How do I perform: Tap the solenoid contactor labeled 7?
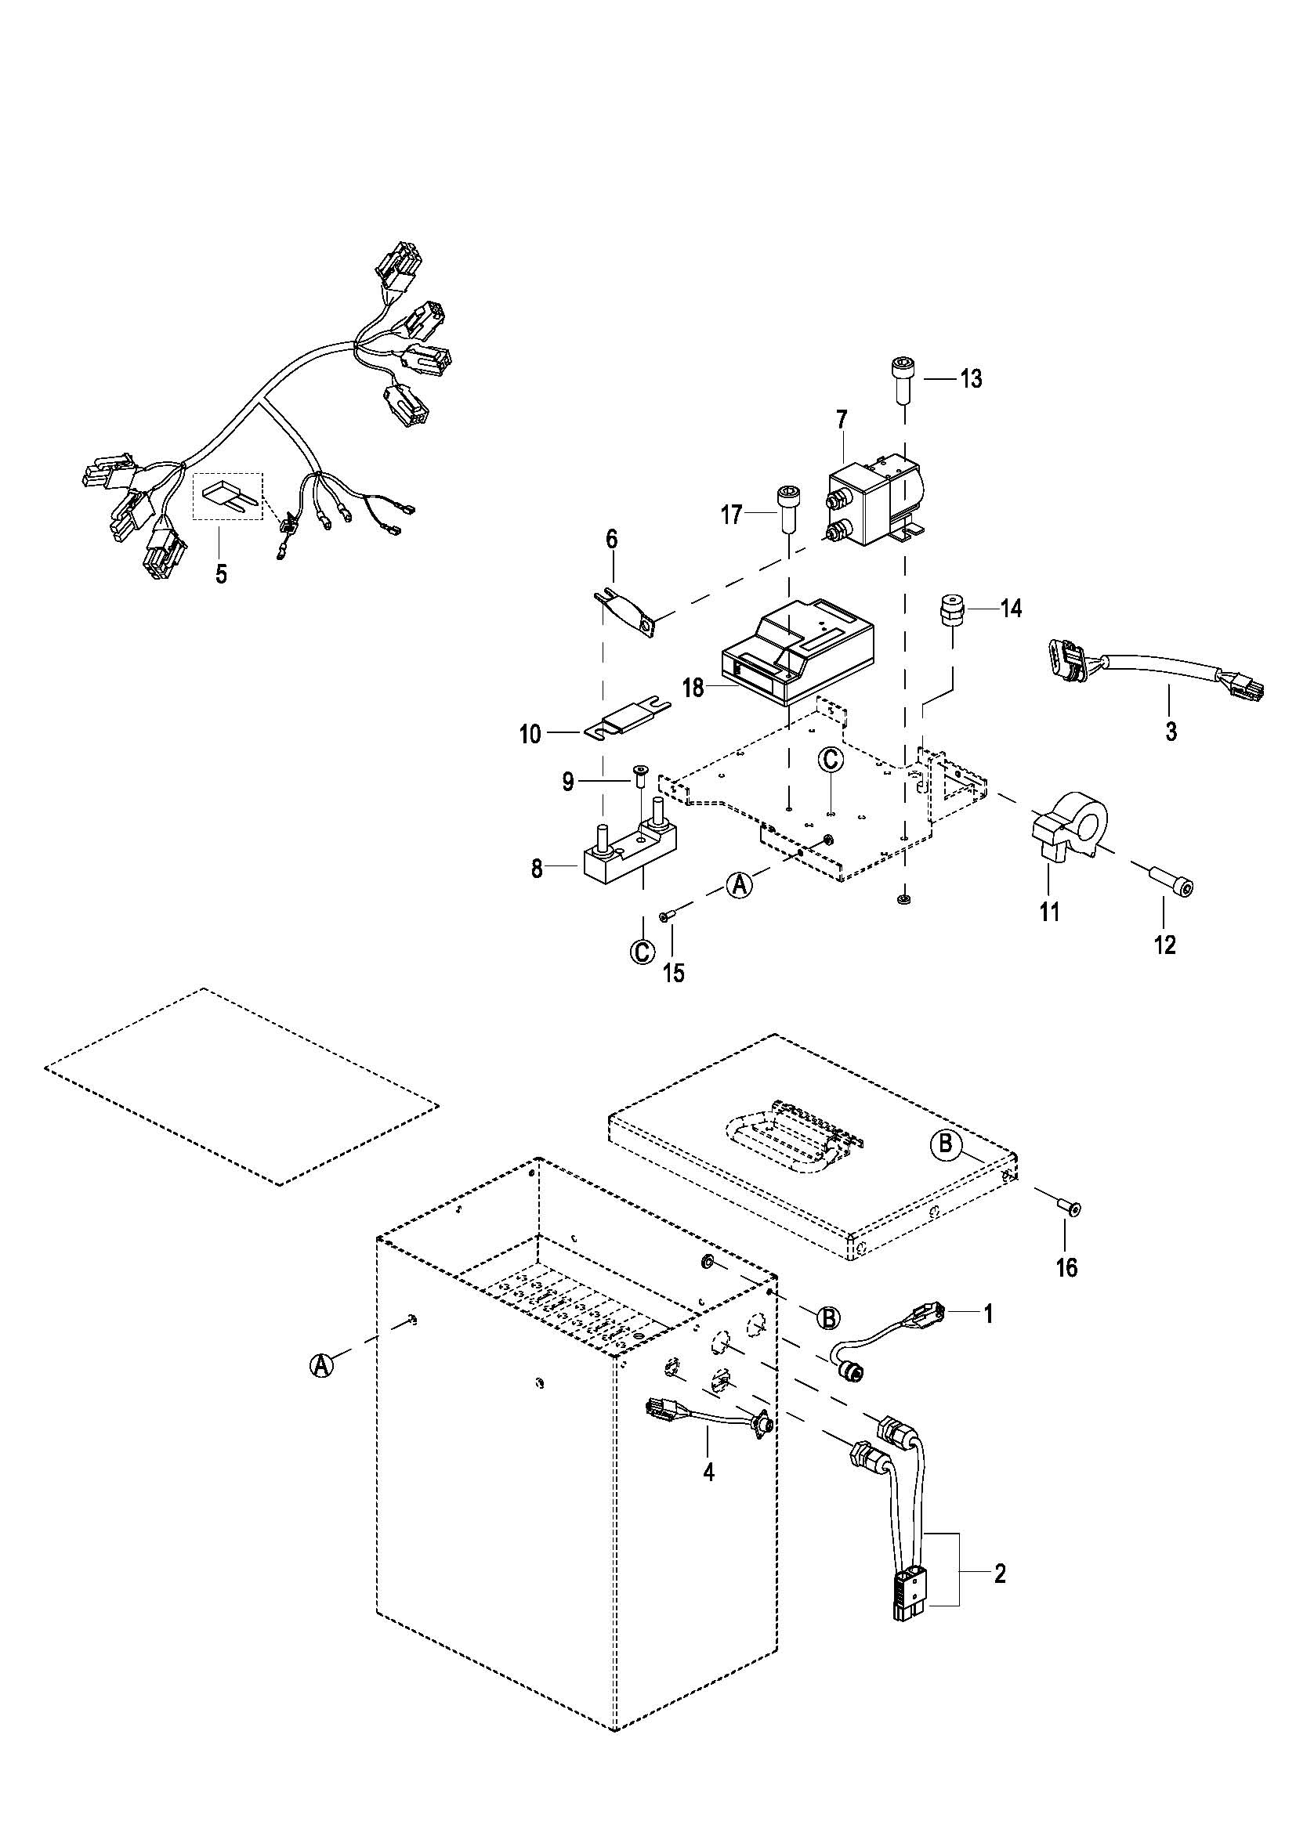(875, 499)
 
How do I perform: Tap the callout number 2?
(1000, 1574)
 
